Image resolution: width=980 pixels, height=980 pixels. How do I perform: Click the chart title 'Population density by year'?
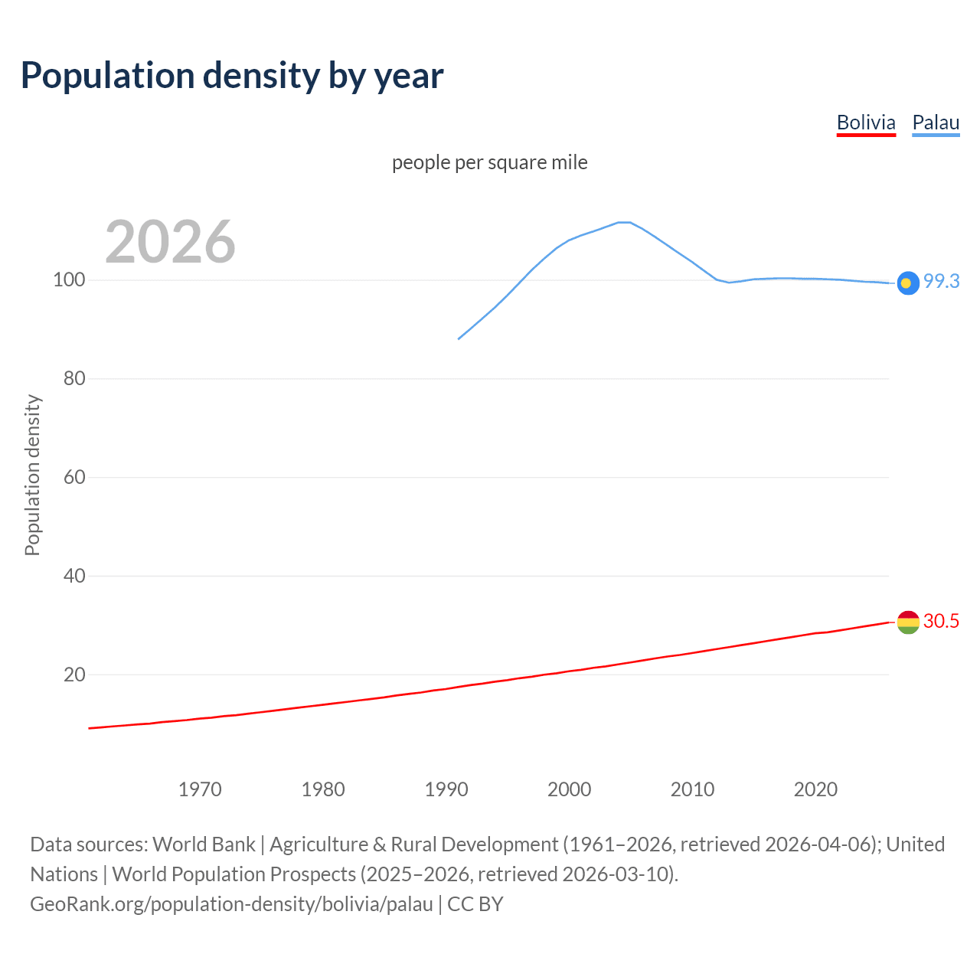tap(232, 76)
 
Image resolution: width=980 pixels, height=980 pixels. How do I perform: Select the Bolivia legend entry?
tap(866, 122)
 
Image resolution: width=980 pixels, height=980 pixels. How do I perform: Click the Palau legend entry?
tap(936, 122)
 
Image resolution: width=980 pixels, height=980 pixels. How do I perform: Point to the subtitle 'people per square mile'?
tap(489, 162)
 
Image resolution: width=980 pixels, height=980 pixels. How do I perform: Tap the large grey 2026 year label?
tap(170, 242)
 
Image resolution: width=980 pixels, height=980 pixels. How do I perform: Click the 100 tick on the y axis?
tap(68, 279)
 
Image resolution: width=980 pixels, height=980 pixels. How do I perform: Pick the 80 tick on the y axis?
tap(73, 378)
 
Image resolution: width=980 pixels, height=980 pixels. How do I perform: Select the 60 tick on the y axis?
tap(73, 477)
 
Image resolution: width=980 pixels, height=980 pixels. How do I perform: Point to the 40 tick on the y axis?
tap(73, 576)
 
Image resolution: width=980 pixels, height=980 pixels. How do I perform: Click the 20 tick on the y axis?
tap(73, 675)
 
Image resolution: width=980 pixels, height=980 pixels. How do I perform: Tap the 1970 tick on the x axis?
tap(200, 789)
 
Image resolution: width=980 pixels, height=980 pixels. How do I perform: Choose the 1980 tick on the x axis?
tap(323, 789)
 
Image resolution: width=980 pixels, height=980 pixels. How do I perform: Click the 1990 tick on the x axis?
tap(446, 789)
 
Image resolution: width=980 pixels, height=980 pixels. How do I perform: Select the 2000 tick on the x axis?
tap(569, 789)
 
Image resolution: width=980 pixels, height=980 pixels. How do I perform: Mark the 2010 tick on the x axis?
tap(692, 789)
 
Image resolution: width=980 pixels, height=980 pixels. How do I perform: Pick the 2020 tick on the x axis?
tap(815, 789)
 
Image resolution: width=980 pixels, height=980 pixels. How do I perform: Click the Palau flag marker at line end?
tap(907, 283)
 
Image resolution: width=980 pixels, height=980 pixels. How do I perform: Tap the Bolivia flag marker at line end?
tap(907, 622)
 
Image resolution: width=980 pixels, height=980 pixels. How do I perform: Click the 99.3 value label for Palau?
tap(941, 281)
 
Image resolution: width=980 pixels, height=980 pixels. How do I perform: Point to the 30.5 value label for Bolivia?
tap(941, 621)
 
